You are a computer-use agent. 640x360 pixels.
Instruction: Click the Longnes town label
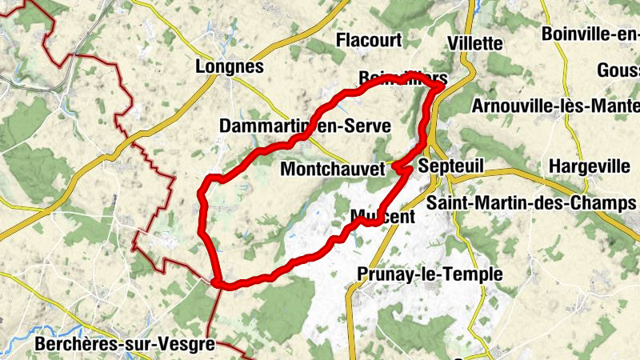click(229, 68)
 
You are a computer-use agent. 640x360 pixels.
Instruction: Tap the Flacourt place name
click(368, 40)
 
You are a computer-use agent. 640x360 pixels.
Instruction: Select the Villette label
click(475, 43)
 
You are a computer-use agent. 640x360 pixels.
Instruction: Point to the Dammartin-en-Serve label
click(304, 126)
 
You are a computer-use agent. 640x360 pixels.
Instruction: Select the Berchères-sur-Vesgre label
click(126, 345)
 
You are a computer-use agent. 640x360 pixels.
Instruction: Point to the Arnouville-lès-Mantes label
click(555, 106)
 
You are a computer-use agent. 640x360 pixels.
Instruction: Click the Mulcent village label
click(383, 217)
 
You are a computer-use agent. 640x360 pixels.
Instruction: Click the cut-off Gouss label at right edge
click(618, 70)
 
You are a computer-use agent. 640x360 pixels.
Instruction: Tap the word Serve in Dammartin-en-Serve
click(369, 126)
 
